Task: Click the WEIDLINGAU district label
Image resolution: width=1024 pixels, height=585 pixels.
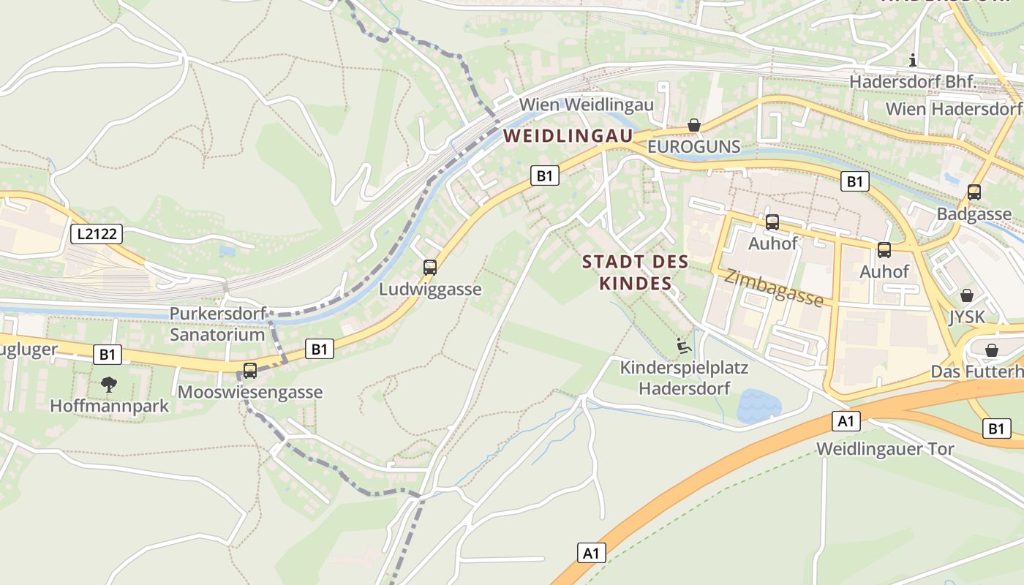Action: pyautogui.click(x=568, y=135)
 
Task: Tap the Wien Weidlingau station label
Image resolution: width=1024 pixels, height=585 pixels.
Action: pyautogui.click(x=586, y=105)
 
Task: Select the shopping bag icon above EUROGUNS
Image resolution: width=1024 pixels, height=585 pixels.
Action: pyautogui.click(x=694, y=125)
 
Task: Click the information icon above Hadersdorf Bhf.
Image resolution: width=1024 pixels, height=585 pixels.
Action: pyautogui.click(x=912, y=60)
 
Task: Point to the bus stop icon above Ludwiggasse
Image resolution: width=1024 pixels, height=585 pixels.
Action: pyautogui.click(x=430, y=268)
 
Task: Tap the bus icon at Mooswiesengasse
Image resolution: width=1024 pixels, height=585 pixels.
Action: pyautogui.click(x=250, y=371)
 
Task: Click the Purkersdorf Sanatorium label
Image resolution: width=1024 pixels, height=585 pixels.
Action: pyautogui.click(x=217, y=324)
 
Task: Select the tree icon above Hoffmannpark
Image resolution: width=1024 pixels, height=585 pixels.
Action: pyautogui.click(x=109, y=384)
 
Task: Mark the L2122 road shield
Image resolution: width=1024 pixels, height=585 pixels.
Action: pyautogui.click(x=97, y=234)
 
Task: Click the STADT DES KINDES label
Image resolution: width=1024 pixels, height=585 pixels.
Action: pyautogui.click(x=635, y=272)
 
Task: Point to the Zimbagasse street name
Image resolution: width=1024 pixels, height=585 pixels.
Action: pyautogui.click(x=774, y=288)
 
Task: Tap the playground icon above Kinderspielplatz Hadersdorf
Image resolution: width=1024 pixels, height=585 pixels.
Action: pyautogui.click(x=684, y=345)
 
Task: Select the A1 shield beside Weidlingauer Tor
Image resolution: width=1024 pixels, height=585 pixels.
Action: pyautogui.click(x=846, y=421)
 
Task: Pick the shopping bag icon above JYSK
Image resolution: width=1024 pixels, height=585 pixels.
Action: pyautogui.click(x=966, y=295)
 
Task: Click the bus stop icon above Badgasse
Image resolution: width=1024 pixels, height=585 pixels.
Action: pyautogui.click(x=974, y=192)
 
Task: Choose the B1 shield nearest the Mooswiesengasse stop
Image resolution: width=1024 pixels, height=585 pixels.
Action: pyautogui.click(x=319, y=349)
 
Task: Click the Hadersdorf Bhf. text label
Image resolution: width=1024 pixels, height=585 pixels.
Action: pyautogui.click(x=913, y=82)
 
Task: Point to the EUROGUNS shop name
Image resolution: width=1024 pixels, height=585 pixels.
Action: pyautogui.click(x=694, y=147)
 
